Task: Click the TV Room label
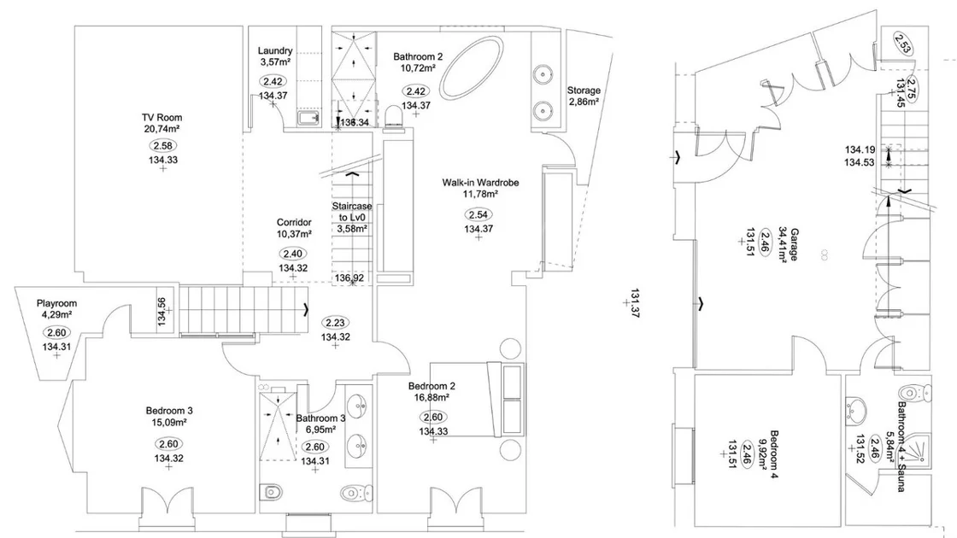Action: point(161,117)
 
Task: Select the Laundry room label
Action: point(274,50)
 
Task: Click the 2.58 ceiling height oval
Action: point(163,146)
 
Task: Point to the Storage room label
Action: point(584,91)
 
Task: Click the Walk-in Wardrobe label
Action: point(480,183)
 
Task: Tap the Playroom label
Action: point(56,303)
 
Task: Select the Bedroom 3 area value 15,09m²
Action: point(169,422)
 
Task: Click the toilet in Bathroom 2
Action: point(394,116)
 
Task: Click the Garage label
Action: point(794,244)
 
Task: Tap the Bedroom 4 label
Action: point(774,454)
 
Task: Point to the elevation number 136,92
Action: point(349,278)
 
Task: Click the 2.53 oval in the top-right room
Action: point(902,43)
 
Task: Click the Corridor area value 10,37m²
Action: point(294,234)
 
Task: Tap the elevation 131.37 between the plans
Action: point(635,302)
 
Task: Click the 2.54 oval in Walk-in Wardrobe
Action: point(478,214)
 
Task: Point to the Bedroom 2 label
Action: point(432,386)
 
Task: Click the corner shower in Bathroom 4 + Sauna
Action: point(918,449)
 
